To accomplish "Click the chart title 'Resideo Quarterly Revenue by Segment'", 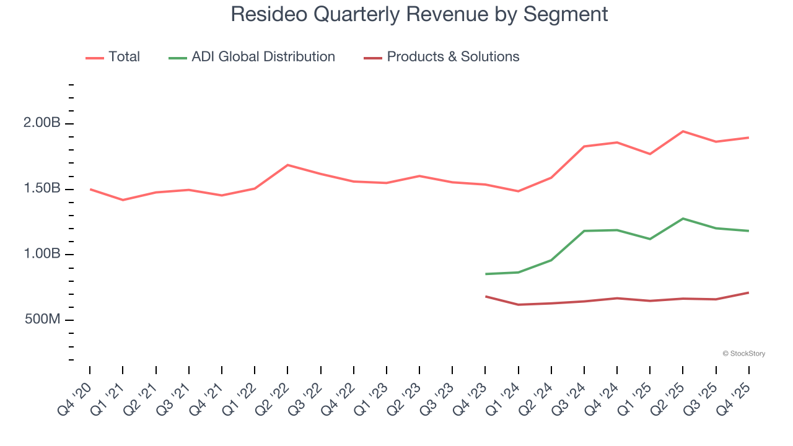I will pos(419,14).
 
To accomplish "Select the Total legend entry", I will pos(113,57).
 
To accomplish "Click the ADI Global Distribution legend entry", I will pos(252,57).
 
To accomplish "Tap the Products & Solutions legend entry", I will pos(442,57).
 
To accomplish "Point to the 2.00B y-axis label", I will pos(42,123).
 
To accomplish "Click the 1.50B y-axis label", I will pos(42,189).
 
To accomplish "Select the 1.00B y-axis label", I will pos(42,254).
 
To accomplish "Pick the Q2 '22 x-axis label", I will pos(273,400).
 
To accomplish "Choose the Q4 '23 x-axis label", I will pos(471,400).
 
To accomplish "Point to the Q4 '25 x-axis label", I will pos(734,400).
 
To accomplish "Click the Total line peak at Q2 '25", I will pos(683,131).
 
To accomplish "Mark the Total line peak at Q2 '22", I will pos(287,165).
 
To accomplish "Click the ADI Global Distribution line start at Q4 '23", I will pos(486,274).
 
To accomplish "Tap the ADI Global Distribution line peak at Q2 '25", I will pos(683,219).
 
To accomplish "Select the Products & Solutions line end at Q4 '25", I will pos(748,292).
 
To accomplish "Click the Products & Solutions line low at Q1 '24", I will pos(519,305).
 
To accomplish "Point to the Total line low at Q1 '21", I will pos(123,200).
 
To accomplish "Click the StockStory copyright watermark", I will pos(743,354).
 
